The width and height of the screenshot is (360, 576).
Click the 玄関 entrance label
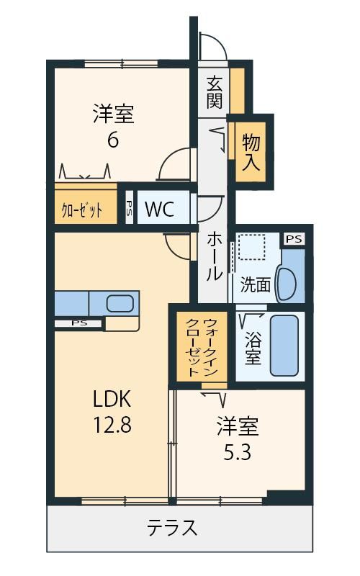tap(215, 92)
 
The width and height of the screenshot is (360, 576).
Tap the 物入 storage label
tap(251, 153)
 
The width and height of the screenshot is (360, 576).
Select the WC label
tap(159, 209)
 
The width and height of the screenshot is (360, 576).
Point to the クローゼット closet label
tap(81, 210)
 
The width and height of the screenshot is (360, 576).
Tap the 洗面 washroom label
tap(256, 284)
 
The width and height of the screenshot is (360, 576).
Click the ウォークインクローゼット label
tap(201, 347)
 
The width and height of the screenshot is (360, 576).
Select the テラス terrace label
tap(172, 528)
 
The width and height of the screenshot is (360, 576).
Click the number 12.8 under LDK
tap(112, 425)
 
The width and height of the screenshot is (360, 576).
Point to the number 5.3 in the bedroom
tap(238, 453)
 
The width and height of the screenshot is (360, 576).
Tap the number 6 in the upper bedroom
tap(113, 140)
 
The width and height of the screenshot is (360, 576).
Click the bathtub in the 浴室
tap(284, 346)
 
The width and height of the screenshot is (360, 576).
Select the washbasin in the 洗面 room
tap(287, 284)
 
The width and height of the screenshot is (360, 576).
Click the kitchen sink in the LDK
tap(120, 303)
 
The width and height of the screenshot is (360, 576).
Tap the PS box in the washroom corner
tap(294, 239)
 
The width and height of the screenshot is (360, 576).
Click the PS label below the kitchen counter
tap(79, 323)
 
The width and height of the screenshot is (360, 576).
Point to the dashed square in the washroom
tap(251, 247)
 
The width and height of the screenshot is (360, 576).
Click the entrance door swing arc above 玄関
tap(216, 44)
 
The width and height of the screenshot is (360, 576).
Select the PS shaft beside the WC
tap(130, 207)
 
